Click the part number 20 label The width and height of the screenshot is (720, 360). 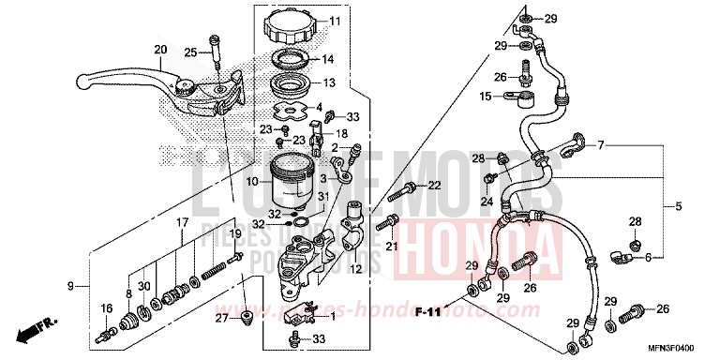[x=160, y=50]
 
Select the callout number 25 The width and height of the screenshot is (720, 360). [x=190, y=52]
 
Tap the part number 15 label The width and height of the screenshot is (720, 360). [x=486, y=96]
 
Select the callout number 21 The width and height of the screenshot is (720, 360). [x=391, y=246]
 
